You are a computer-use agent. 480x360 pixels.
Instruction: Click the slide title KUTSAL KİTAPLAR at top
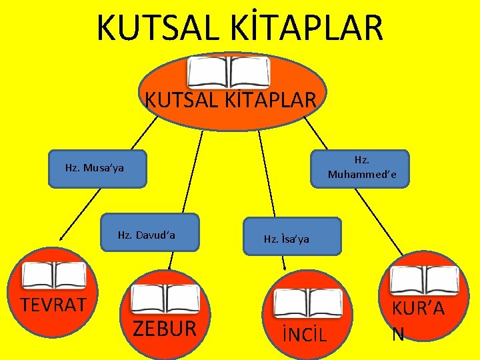(x=240, y=28)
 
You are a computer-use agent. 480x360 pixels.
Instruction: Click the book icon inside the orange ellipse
(x=229, y=72)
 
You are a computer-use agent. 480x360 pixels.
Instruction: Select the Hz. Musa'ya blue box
(x=95, y=168)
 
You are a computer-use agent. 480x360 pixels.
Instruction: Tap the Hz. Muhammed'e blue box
(x=361, y=168)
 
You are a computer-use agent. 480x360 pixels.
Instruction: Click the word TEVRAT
(x=53, y=305)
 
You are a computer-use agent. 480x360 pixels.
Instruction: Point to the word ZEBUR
(x=165, y=328)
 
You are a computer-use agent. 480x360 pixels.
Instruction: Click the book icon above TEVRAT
(x=55, y=275)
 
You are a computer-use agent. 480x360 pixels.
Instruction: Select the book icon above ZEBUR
(x=165, y=299)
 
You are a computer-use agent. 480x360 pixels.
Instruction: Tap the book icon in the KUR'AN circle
(x=424, y=281)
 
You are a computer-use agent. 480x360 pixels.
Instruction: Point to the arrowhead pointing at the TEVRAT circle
(x=60, y=237)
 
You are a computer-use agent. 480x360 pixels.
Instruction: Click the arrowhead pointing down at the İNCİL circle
(x=285, y=267)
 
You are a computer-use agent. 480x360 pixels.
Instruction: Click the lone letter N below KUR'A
(x=398, y=333)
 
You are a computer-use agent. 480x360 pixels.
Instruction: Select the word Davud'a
(x=164, y=235)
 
